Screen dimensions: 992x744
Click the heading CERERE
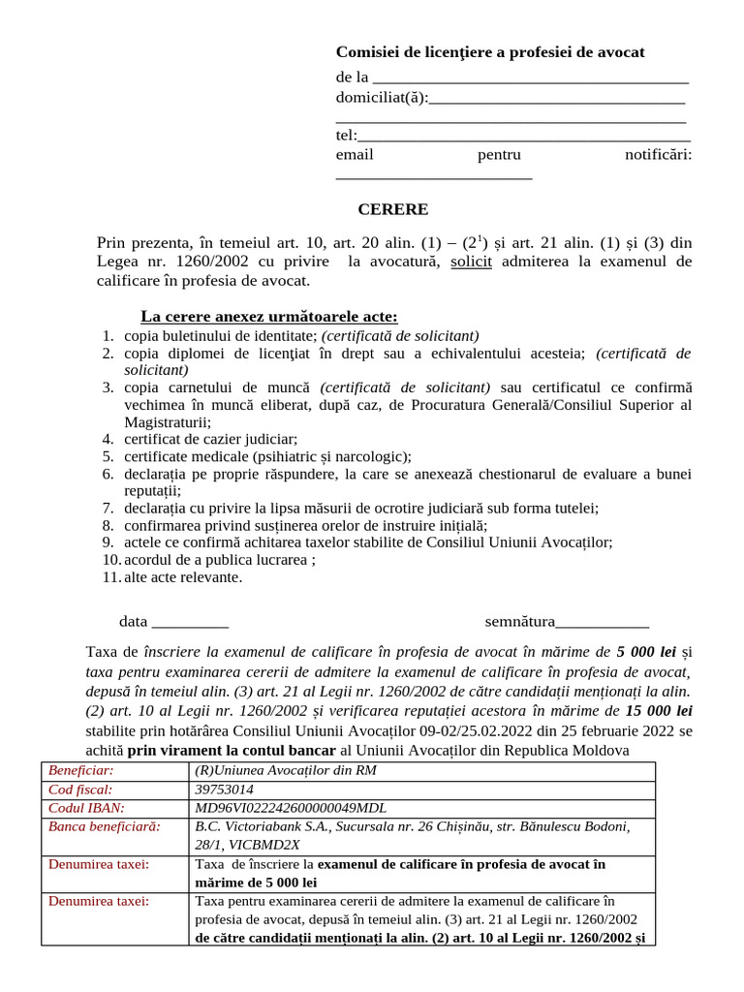pos(392,209)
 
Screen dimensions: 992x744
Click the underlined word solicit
pos(472,262)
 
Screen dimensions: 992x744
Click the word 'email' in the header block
pos(355,155)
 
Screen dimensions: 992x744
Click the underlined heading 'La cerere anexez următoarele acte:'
pos(269,318)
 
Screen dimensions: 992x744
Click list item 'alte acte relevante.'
pos(183,577)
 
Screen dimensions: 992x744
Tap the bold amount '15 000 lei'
pos(659,711)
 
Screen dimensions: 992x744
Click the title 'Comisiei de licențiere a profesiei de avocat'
pos(489,52)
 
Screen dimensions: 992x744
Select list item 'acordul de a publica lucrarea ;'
pos(220,560)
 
